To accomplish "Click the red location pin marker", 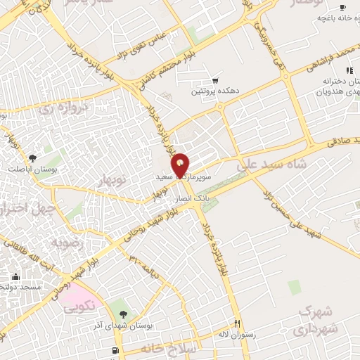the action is pyautogui.click(x=181, y=165).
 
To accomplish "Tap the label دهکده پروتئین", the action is pyautogui.click(x=212, y=91).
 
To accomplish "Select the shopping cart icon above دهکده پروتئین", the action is pyautogui.click(x=215, y=81).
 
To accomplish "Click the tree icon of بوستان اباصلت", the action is pyautogui.click(x=32, y=158).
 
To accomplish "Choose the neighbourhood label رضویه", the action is pyautogui.click(x=68, y=242).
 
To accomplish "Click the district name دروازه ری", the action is pyautogui.click(x=61, y=110).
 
